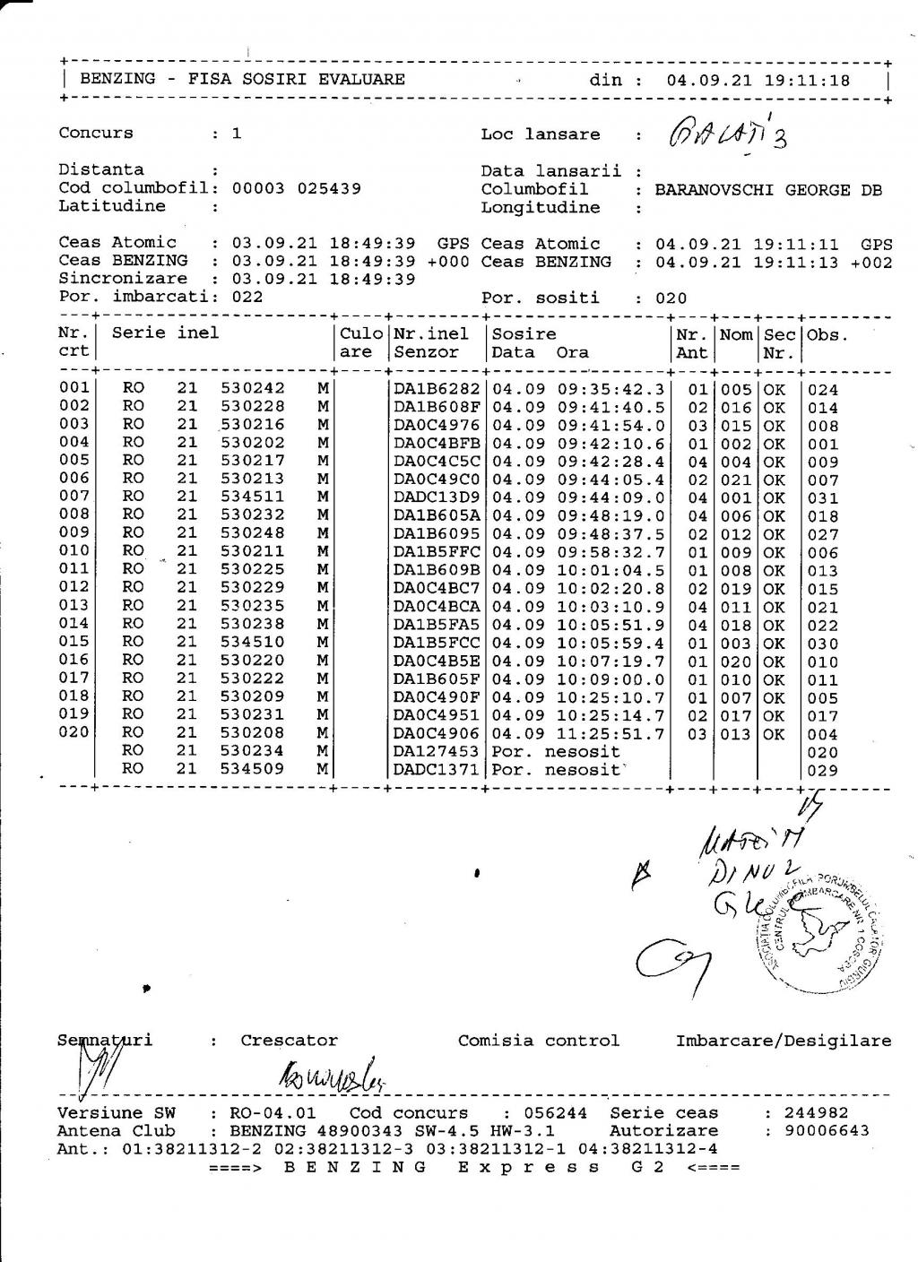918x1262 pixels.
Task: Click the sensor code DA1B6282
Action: click(x=437, y=389)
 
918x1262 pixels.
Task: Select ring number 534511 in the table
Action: click(x=252, y=497)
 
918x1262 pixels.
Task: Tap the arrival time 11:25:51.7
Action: click(x=611, y=734)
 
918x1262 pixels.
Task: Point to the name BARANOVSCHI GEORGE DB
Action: click(x=767, y=190)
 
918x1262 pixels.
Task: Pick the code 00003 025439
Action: click(x=296, y=188)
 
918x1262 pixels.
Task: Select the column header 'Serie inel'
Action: click(x=165, y=333)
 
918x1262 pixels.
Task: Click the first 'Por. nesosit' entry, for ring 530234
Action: click(x=556, y=751)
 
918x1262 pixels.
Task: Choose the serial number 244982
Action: click(x=817, y=1113)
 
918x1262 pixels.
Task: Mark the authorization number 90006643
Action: click(x=827, y=1131)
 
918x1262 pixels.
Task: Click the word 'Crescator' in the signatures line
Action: click(x=289, y=1041)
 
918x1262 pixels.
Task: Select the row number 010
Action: click(x=74, y=550)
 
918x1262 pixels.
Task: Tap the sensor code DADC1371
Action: click(x=437, y=770)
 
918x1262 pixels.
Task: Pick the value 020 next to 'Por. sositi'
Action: click(x=671, y=298)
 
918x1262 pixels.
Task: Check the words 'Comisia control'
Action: click(x=538, y=1041)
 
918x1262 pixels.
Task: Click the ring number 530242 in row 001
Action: click(x=252, y=388)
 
